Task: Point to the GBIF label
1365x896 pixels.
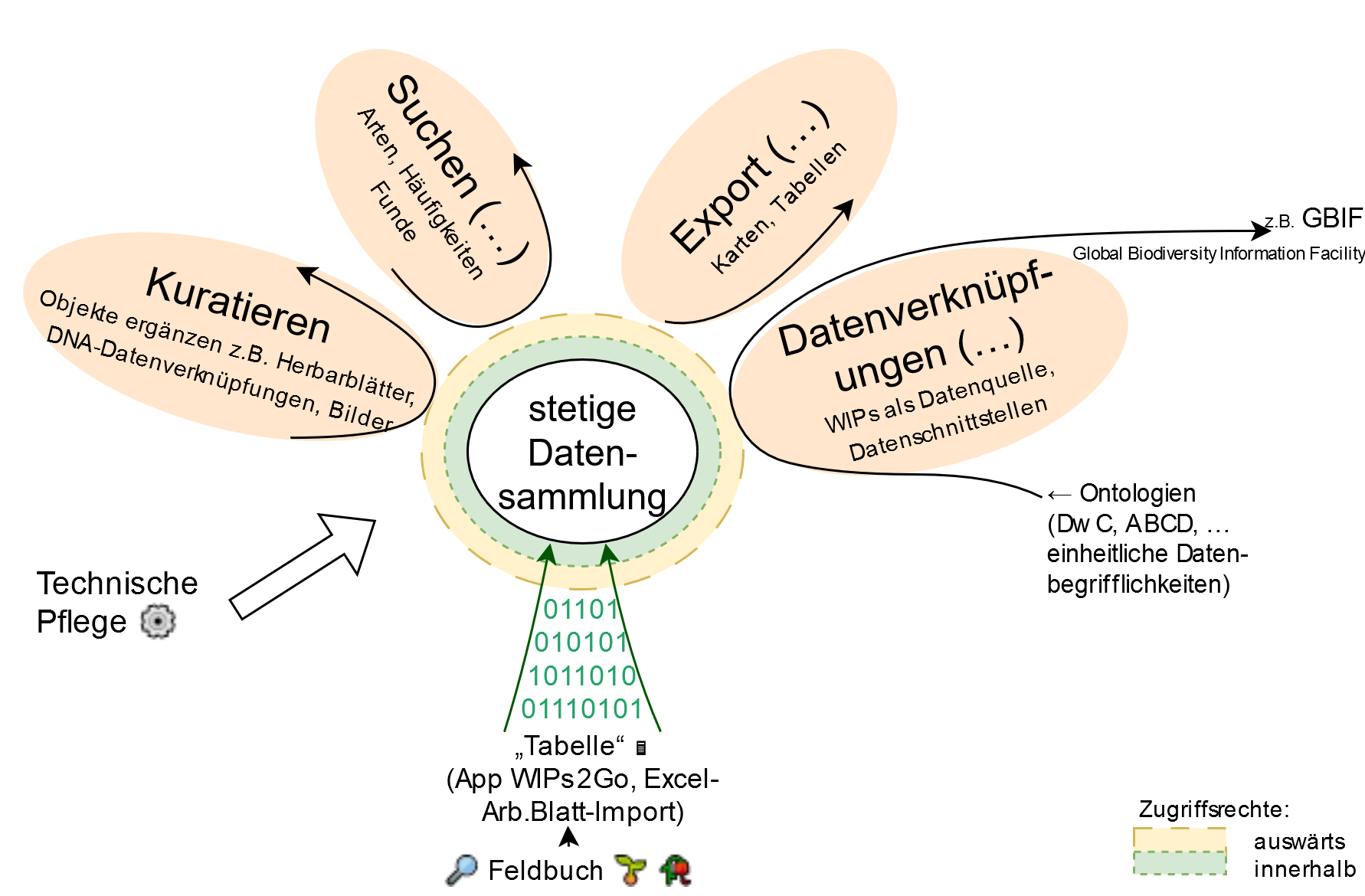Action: pos(1332,218)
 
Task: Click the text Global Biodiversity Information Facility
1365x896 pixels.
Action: pos(1218,253)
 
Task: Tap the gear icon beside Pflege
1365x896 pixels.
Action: pos(158,621)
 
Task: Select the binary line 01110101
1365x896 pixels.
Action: pos(582,709)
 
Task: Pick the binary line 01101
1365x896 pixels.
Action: pos(581,610)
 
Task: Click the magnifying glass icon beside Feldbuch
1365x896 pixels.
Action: pos(462,869)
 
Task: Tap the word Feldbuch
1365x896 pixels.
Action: pos(545,871)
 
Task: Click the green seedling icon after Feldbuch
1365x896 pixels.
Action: pos(630,870)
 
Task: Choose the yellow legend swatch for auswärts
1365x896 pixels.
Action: pos(1179,839)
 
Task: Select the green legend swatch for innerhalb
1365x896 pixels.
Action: pos(1179,863)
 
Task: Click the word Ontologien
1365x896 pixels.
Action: pos(1137,493)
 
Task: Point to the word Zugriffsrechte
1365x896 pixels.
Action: pos(1213,809)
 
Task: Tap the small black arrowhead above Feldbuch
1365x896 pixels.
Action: pos(568,836)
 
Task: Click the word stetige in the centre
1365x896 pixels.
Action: pos(582,409)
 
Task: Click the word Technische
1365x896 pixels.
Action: pos(117,584)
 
